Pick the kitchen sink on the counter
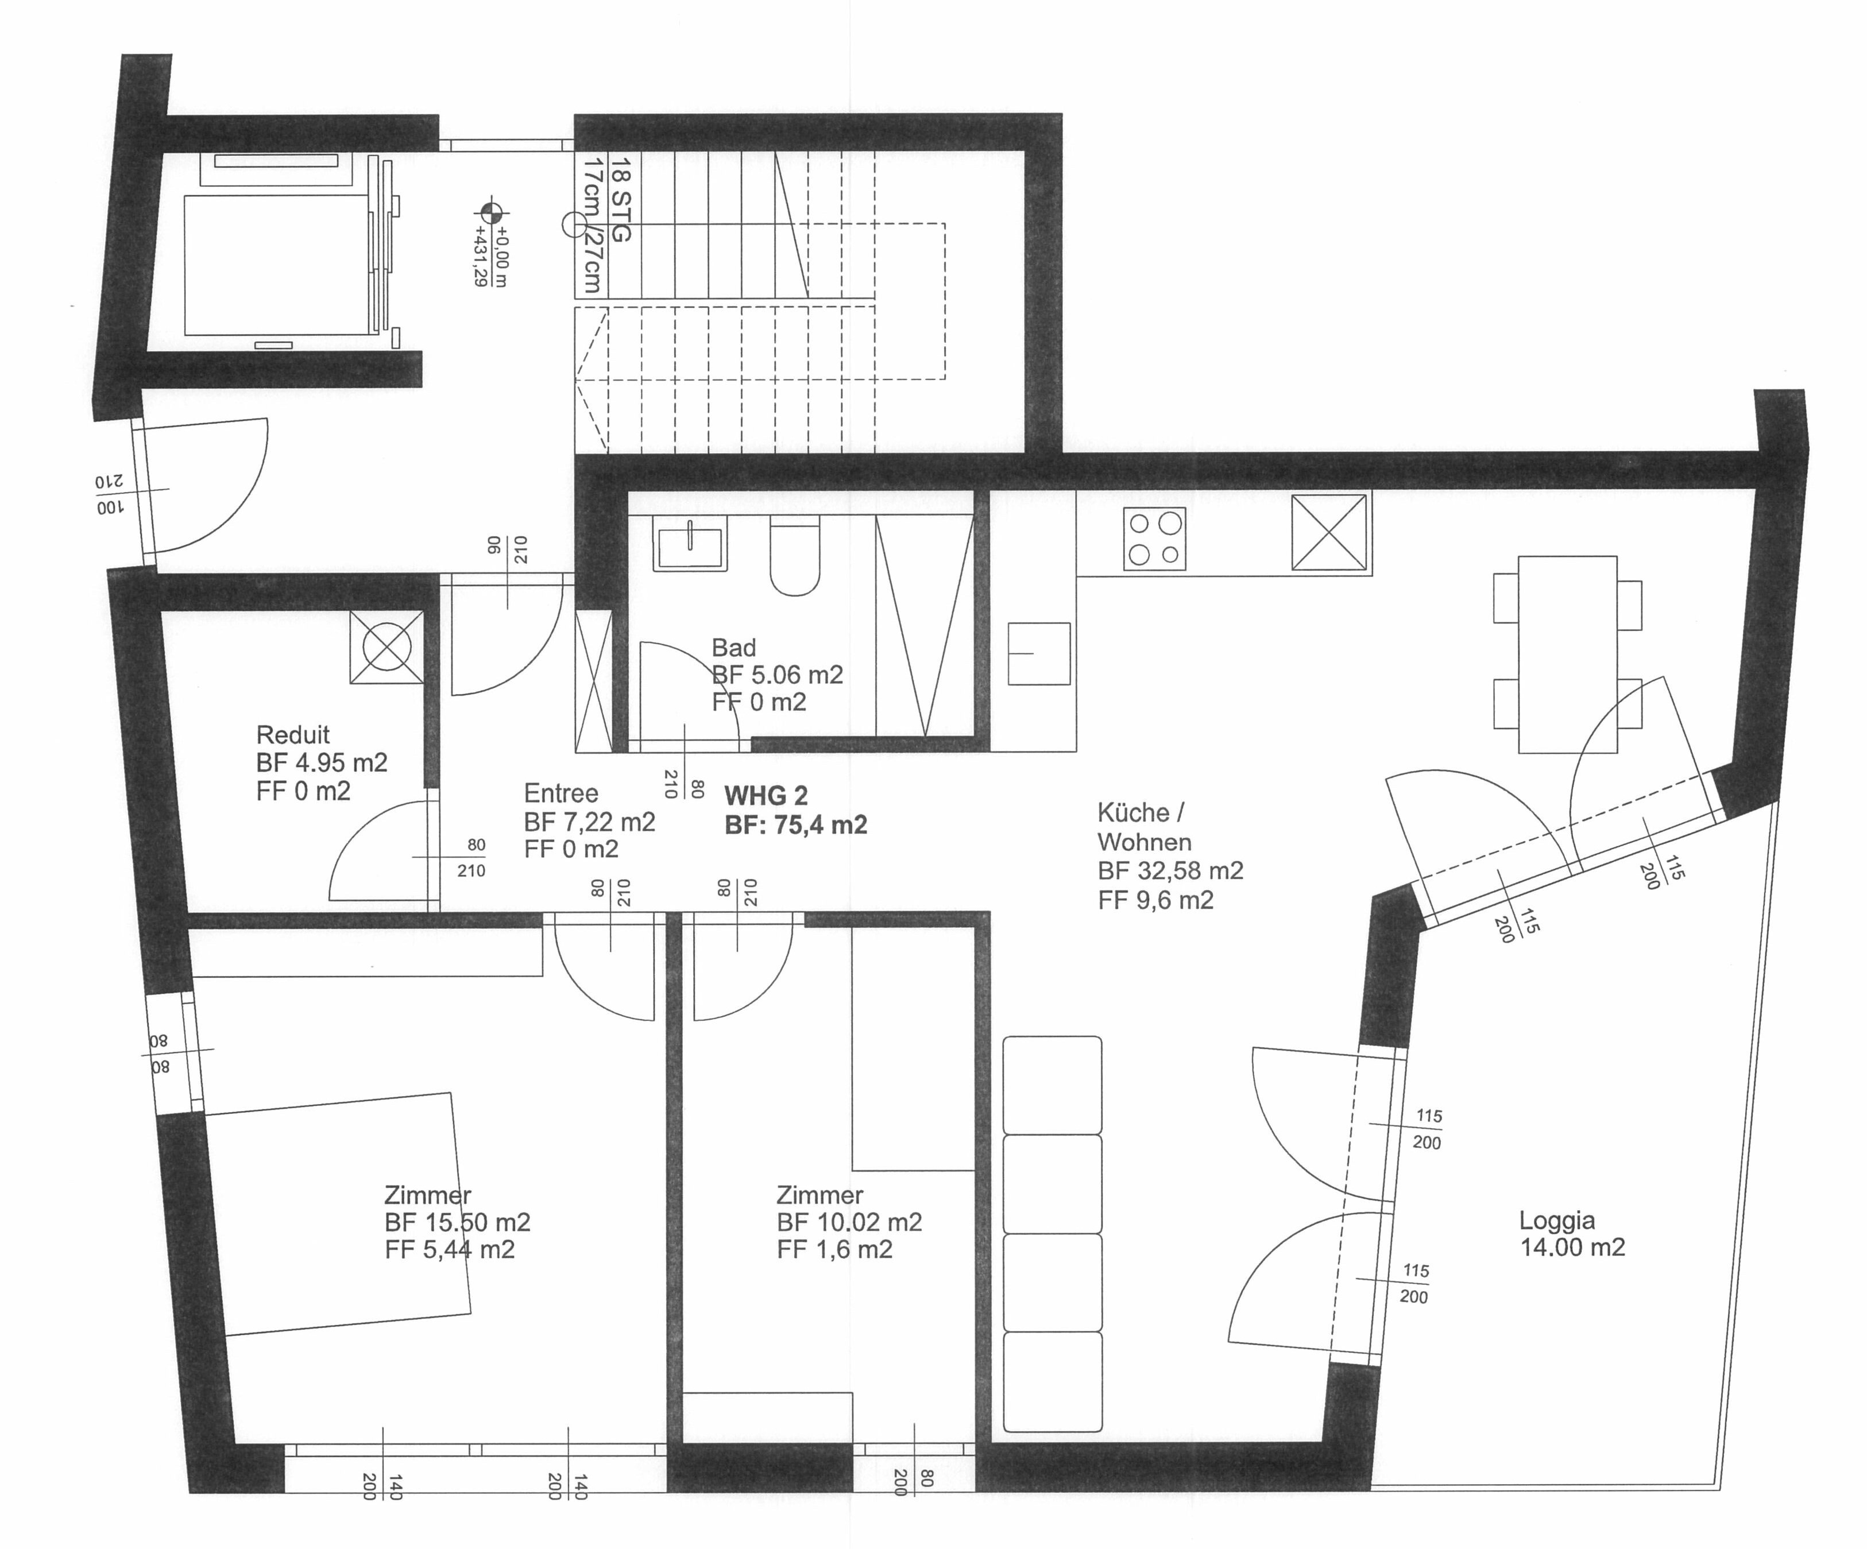coord(1038,653)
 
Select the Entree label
coord(561,793)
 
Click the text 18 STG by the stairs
coord(621,199)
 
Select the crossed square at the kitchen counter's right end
coord(1328,532)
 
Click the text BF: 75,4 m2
coord(796,826)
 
